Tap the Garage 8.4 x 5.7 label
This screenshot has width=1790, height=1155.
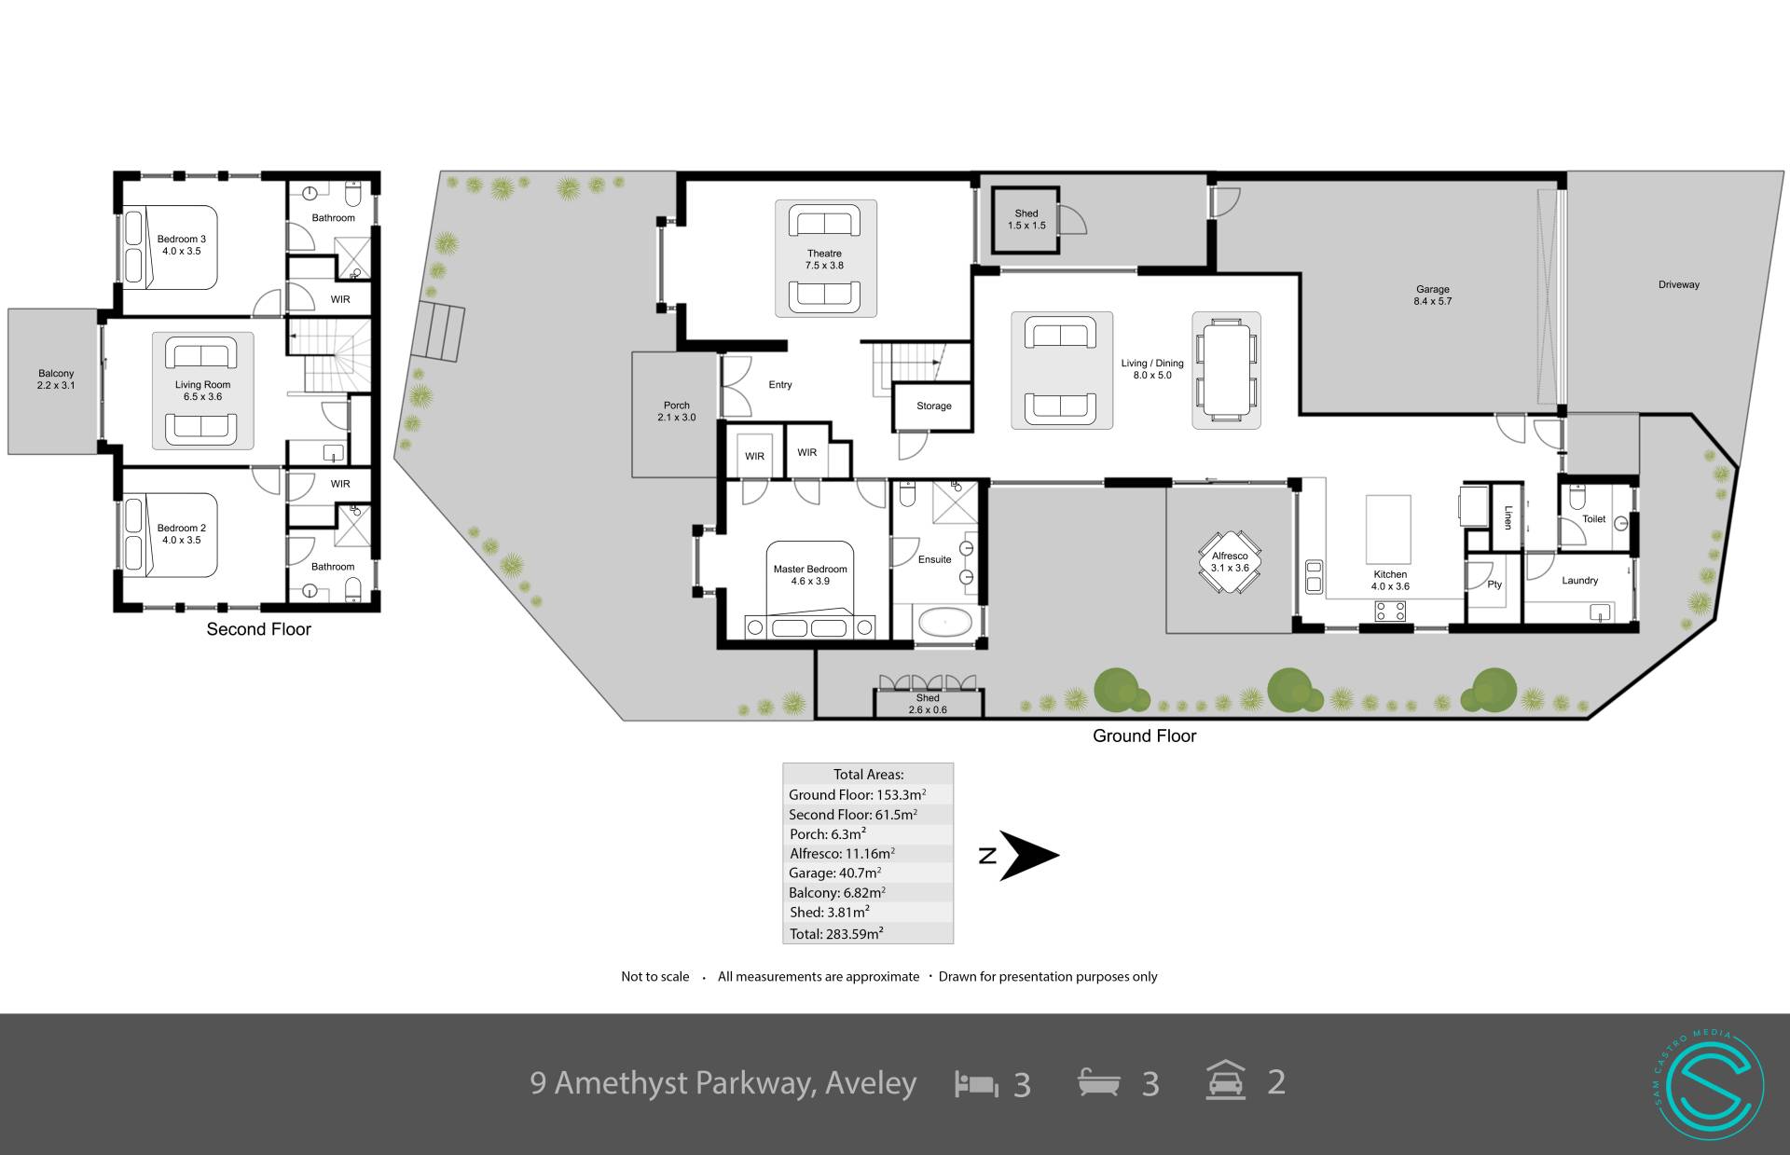point(1432,296)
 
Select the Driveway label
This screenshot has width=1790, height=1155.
point(1678,284)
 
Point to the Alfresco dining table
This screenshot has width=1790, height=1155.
point(1230,562)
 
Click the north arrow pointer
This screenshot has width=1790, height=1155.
point(1029,856)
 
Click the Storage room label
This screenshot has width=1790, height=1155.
point(933,406)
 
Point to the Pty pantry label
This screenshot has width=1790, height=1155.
point(1494,584)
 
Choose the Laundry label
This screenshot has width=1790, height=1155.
point(1579,580)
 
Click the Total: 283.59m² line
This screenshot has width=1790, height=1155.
point(835,933)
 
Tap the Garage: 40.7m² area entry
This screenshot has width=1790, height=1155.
point(834,873)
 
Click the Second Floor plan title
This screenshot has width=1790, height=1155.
point(258,629)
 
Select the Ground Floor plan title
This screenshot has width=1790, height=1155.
point(1144,736)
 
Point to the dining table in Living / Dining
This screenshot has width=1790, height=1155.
point(1226,370)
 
